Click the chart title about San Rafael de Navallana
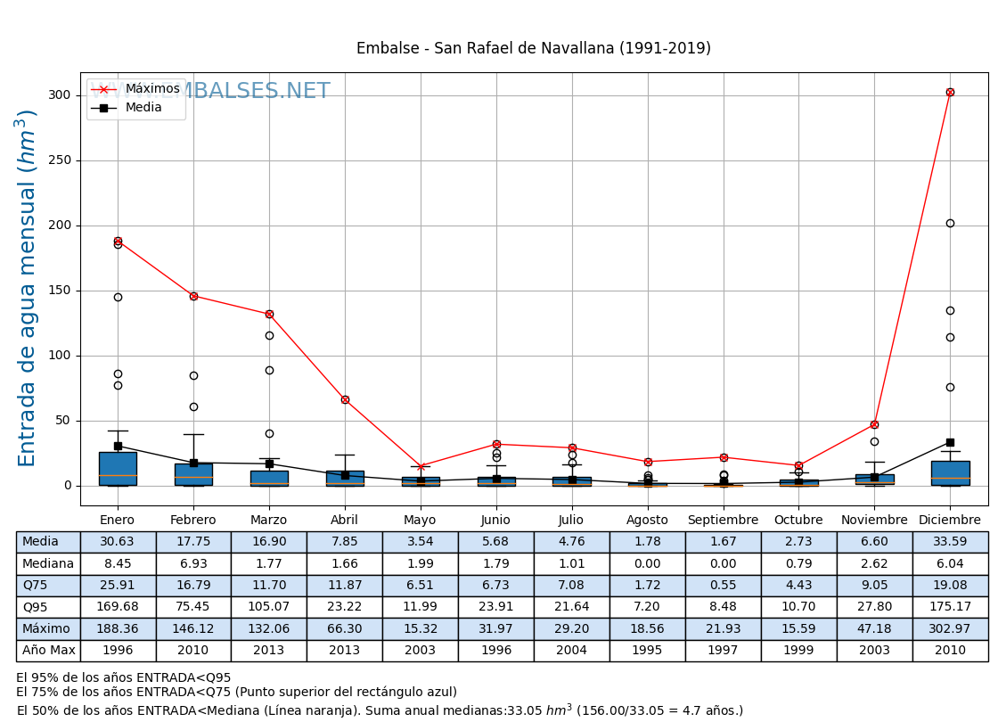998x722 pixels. (533, 49)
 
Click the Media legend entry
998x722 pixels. (143, 108)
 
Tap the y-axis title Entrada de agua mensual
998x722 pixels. (28, 288)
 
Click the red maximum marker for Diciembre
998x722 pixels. (950, 92)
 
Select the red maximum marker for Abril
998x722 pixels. (345, 399)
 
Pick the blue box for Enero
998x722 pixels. (118, 469)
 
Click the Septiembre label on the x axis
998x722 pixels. (723, 521)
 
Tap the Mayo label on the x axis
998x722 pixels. (420, 521)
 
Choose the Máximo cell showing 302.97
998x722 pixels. (950, 629)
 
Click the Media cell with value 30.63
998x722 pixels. (118, 542)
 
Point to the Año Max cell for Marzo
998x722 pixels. (269, 651)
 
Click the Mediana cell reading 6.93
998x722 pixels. (193, 563)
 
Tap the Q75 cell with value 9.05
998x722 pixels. (874, 586)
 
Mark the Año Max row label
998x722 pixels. (48, 651)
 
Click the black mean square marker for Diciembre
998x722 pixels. (950, 442)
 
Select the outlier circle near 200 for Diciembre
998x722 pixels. (950, 223)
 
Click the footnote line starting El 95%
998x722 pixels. (123, 678)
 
